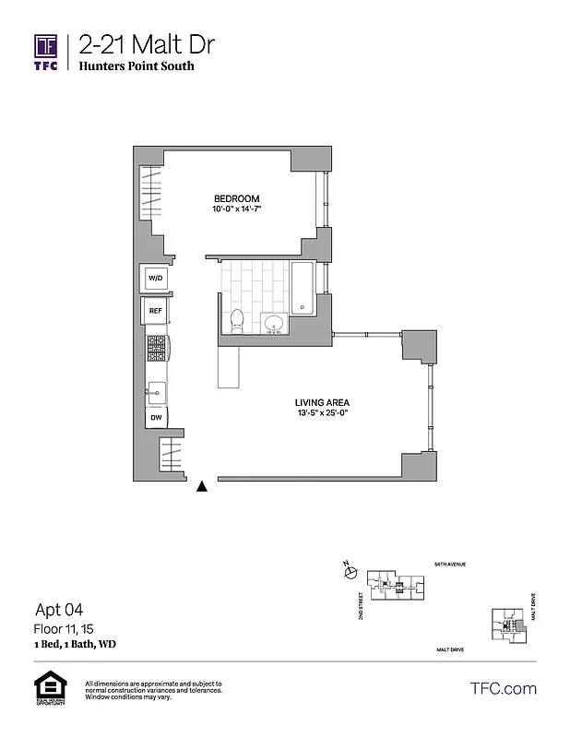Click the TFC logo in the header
coord(46,52)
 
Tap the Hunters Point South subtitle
coord(137,65)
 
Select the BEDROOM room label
coord(236,199)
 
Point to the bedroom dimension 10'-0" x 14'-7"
coord(236,210)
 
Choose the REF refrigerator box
coord(155,312)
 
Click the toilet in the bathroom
coord(237,321)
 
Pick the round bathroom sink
coord(272,323)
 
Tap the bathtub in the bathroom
coord(303,288)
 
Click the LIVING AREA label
coord(321,403)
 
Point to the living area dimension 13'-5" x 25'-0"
coord(321,414)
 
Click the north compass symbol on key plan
coord(350,573)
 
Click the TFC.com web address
coord(503,688)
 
